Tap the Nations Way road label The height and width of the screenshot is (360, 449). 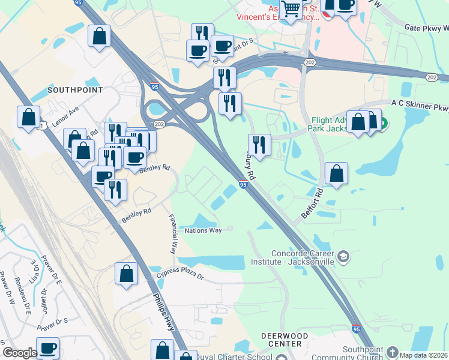point(203,230)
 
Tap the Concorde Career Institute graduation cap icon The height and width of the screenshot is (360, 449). point(343,257)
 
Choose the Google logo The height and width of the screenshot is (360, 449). point(19,353)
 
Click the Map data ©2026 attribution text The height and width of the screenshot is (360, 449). point(423,355)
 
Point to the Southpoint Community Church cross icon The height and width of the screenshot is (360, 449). point(393,352)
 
